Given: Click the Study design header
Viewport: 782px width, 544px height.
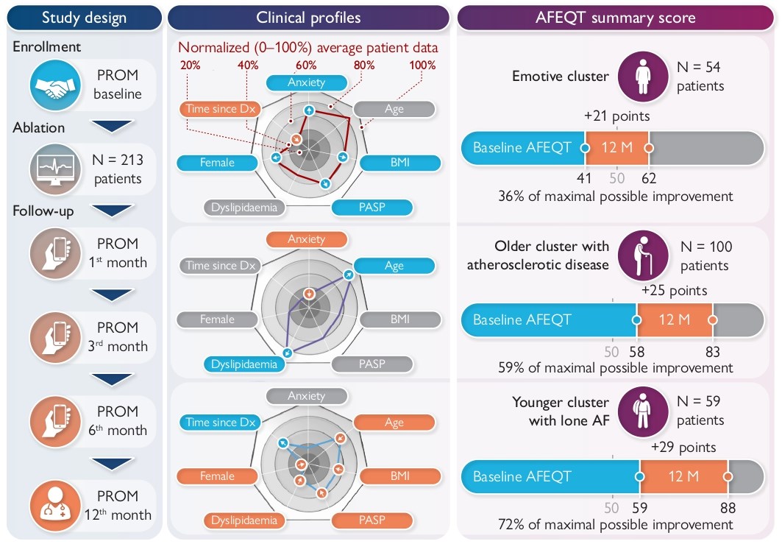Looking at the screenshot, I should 84,18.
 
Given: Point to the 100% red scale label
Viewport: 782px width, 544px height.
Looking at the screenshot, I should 422,65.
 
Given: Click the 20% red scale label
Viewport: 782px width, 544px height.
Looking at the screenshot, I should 190,65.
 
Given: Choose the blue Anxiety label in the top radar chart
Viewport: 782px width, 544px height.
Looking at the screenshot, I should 306,82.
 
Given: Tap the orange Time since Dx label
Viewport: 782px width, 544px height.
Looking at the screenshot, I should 221,109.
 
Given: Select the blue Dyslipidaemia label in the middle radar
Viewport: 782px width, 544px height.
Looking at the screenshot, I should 244,364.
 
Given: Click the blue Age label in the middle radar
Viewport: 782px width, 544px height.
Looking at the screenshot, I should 394,266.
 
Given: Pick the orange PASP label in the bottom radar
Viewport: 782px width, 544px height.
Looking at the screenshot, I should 372,520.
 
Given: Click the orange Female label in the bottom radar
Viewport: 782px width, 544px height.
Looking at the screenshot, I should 217,476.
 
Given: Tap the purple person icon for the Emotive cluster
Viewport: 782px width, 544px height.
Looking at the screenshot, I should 642,77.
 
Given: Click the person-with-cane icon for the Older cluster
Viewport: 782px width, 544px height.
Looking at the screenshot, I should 642,256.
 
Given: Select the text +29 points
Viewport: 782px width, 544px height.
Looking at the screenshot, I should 683,447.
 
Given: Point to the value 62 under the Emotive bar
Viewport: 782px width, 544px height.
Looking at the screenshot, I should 649,177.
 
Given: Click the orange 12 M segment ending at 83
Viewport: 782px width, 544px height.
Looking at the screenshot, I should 675,319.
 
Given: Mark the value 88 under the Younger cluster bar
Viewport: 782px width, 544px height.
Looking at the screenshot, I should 728,508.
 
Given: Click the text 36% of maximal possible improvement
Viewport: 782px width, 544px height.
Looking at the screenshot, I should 615,197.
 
